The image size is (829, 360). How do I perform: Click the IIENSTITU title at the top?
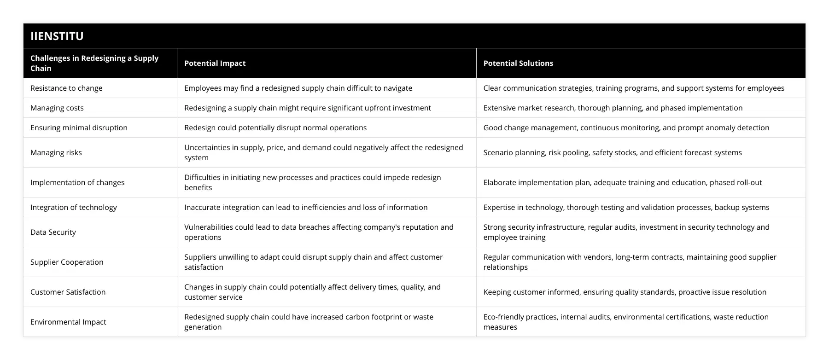click(x=57, y=36)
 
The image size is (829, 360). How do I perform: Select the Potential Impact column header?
click(x=215, y=64)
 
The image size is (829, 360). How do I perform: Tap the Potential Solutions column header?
click(x=518, y=64)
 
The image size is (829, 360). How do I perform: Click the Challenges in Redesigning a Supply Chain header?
click(x=94, y=63)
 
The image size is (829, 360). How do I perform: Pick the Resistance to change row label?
click(x=66, y=88)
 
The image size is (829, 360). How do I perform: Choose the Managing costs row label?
click(x=57, y=108)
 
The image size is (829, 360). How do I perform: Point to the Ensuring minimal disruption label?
click(x=79, y=128)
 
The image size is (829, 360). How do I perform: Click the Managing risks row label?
click(x=56, y=152)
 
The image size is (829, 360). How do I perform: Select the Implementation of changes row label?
click(x=77, y=182)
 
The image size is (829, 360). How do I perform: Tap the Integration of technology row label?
click(x=74, y=207)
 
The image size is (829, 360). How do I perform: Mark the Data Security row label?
click(x=53, y=232)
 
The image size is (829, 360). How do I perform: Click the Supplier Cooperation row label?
click(x=67, y=262)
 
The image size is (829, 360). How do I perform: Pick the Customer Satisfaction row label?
click(x=68, y=292)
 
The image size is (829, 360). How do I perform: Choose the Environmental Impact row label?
click(x=68, y=322)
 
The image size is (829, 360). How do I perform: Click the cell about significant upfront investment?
click(x=308, y=108)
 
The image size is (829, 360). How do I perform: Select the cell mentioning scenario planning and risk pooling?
click(x=613, y=152)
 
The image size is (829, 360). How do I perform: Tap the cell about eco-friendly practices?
click(x=626, y=322)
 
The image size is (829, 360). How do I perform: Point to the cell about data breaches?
click(x=319, y=232)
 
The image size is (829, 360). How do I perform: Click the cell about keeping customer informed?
click(x=625, y=292)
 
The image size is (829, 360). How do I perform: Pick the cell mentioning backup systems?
click(x=626, y=207)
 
